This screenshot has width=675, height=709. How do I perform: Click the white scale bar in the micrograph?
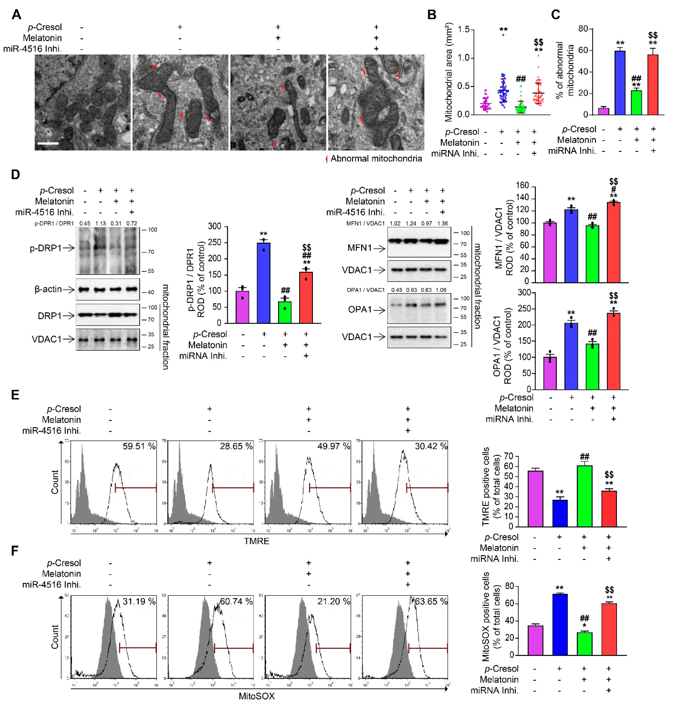48,143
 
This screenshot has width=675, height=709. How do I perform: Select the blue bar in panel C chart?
620,83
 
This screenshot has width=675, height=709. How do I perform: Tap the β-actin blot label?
48,289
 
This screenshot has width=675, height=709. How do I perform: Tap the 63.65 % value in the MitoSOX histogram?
431,601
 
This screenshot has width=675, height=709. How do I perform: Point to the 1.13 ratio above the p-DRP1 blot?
100,223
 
